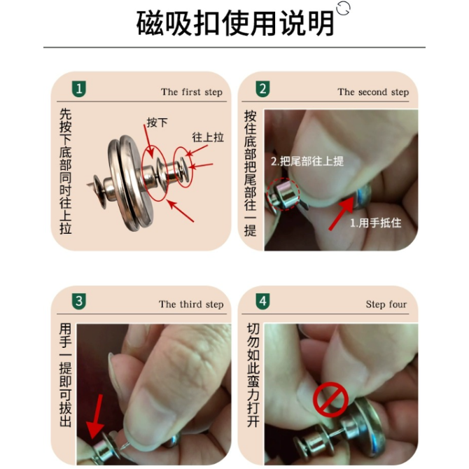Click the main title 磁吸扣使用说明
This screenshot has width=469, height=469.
pyautogui.click(x=235, y=23)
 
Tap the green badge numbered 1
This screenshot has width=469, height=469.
pyautogui.click(x=79, y=89)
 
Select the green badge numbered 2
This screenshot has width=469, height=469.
pyautogui.click(x=262, y=89)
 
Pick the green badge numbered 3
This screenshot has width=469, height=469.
pyautogui.click(x=79, y=301)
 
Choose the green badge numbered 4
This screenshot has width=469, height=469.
pyautogui.click(x=262, y=301)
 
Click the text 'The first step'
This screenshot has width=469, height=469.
pyautogui.click(x=192, y=92)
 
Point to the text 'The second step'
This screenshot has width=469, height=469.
pyautogui.click(x=373, y=92)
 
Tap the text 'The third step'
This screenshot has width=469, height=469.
pyautogui.click(x=191, y=304)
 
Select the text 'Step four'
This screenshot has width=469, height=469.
pyautogui.click(x=386, y=304)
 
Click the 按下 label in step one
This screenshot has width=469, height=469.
pyautogui.click(x=157, y=122)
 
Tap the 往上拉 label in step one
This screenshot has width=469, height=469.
pyautogui.click(x=208, y=137)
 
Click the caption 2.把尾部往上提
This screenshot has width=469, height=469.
pyautogui.click(x=307, y=161)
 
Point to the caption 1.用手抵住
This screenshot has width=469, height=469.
pyautogui.click(x=376, y=223)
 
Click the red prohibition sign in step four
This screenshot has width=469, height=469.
pyautogui.click(x=330, y=400)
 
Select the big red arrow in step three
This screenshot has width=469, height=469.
pyautogui.click(x=97, y=416)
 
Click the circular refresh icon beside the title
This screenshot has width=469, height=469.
pyautogui.click(x=343, y=8)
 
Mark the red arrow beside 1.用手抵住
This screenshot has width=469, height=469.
pyautogui.click(x=342, y=214)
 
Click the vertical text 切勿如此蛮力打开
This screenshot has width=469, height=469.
pyautogui.click(x=253, y=375)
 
